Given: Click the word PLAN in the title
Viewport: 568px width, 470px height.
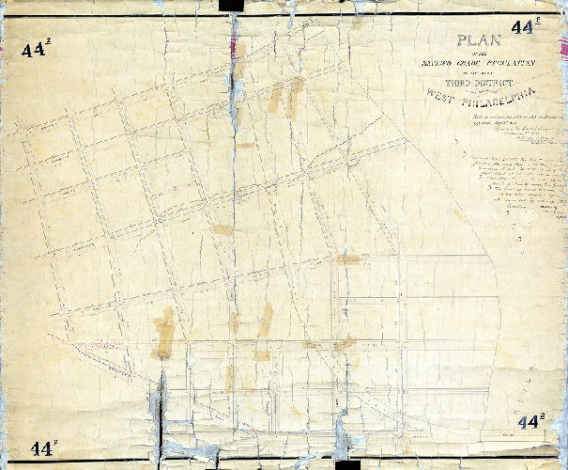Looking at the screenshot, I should (x=479, y=40).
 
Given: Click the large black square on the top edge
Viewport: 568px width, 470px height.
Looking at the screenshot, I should (x=229, y=6).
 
